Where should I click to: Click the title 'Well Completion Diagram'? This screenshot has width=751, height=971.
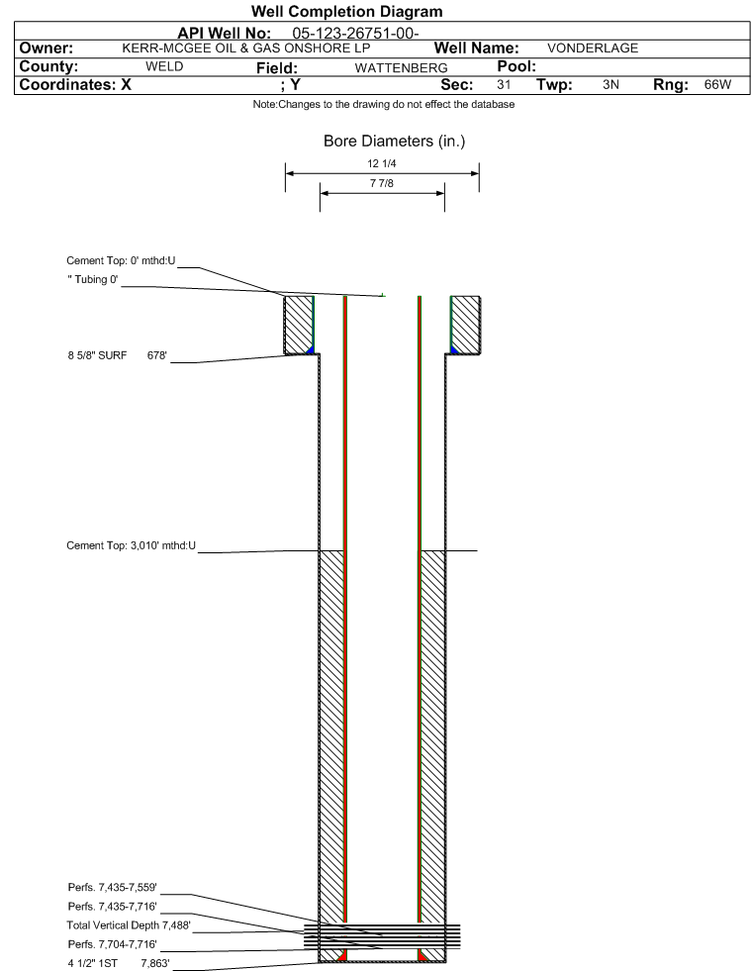click(x=346, y=12)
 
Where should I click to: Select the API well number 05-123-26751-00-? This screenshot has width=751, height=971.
click(x=355, y=34)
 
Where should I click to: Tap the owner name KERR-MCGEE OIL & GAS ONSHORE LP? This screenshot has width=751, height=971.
click(x=246, y=49)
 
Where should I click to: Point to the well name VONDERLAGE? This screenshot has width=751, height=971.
click(x=593, y=49)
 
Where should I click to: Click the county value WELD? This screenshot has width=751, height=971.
click(x=164, y=67)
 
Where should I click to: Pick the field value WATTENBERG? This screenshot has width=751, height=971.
click(x=401, y=68)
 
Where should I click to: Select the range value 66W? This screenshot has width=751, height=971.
click(x=717, y=85)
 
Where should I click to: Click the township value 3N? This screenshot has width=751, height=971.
click(x=610, y=85)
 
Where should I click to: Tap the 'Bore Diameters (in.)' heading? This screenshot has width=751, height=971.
click(x=395, y=142)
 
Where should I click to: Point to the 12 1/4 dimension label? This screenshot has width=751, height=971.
click(x=381, y=163)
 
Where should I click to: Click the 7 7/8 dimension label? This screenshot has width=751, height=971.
click(x=381, y=183)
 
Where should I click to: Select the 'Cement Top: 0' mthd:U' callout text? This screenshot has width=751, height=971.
click(x=122, y=260)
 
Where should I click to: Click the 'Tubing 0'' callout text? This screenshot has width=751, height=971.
click(x=93, y=280)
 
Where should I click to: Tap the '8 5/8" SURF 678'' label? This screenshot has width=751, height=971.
click(x=118, y=355)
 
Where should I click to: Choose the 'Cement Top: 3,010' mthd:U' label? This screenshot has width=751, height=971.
click(x=132, y=545)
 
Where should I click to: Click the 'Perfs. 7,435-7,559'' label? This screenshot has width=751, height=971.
click(x=112, y=888)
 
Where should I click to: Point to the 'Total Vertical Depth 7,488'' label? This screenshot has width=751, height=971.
click(x=129, y=925)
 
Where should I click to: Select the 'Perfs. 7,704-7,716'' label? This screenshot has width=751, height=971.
click(x=112, y=944)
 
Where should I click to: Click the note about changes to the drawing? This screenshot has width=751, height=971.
click(x=383, y=105)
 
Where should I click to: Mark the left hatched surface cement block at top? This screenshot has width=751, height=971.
click(x=299, y=325)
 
